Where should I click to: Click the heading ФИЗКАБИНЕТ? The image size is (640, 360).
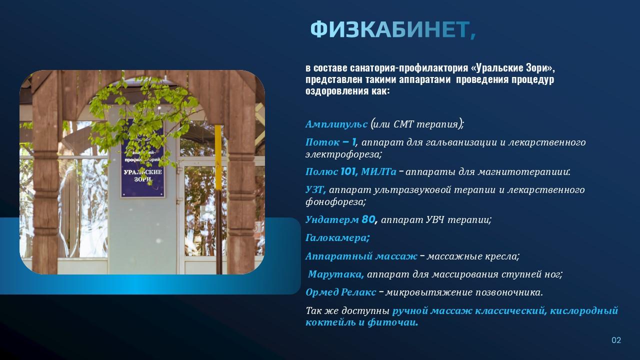point(393,30)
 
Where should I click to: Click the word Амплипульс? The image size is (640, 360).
point(336,124)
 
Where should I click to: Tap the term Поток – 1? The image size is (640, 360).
point(330,142)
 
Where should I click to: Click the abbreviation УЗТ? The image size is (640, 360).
point(315,190)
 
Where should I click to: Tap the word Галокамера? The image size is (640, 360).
point(337,238)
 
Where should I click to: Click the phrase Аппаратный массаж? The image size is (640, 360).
point(361,256)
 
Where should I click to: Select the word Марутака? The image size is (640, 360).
point(335,274)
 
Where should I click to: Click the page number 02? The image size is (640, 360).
point(616,340)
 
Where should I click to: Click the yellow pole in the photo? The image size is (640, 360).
point(218,200)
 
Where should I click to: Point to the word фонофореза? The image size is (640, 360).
point(335,202)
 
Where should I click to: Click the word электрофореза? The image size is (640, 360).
point(343,154)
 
